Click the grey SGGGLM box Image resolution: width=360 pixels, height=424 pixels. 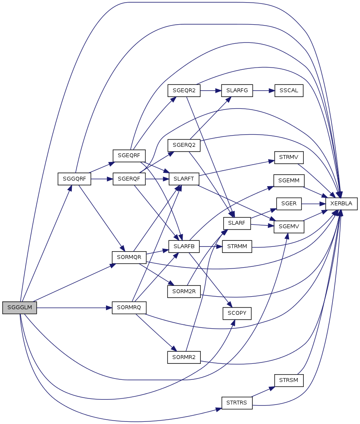pos(19,308)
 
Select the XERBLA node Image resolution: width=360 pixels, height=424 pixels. pos(341,204)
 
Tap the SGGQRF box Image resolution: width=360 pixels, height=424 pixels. pos(74,179)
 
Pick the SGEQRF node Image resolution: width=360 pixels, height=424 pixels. pos(129,156)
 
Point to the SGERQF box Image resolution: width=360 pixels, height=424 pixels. pos(129,179)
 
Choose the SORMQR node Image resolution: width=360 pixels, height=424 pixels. pos(129,257)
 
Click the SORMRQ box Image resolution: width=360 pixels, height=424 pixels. pos(129,308)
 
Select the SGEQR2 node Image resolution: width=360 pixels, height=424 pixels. pos(184,91)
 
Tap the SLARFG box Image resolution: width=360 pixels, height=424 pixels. pos(237,91)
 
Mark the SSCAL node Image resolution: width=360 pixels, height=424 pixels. pos(289,91)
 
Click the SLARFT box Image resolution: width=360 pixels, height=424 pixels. pos(184,179)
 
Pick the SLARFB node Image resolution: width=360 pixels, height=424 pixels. pos(184,246)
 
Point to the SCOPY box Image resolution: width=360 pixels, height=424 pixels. pos(237,314)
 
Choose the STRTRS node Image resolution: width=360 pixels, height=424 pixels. pos(237,403)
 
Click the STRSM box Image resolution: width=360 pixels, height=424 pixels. pos(289,380)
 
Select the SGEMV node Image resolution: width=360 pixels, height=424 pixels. pos(289,227)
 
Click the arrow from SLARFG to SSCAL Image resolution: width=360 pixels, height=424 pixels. pos(264,91)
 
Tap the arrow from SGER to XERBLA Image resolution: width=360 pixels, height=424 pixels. pos(313,204)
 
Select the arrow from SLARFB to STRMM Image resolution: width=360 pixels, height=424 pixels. pos(211,246)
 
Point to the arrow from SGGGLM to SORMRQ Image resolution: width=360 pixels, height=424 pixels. pos(74,308)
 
